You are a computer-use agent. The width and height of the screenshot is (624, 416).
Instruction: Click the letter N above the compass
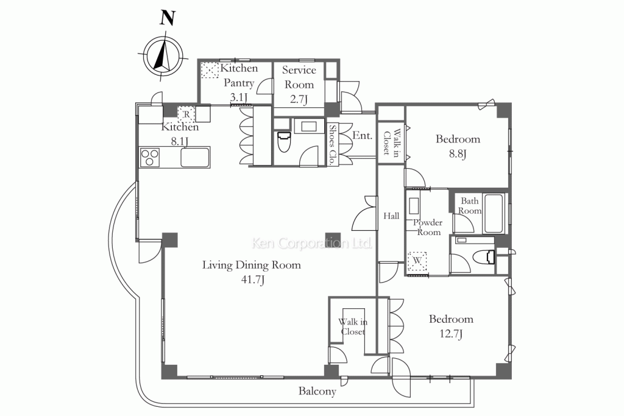point(167,18)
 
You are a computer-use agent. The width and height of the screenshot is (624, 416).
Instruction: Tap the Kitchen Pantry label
point(239,75)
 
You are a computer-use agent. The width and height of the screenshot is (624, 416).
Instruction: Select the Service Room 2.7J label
point(299,84)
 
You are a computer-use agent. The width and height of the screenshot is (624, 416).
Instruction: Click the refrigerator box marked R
point(186,114)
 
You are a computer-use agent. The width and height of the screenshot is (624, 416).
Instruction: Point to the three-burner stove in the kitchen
point(150,157)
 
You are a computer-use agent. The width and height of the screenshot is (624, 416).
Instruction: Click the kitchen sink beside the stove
point(195,158)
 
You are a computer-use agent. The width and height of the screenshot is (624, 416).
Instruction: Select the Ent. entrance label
point(362,136)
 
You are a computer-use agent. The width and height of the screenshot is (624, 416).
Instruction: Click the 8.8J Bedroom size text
point(458,153)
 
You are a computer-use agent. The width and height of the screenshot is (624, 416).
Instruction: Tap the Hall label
point(391,216)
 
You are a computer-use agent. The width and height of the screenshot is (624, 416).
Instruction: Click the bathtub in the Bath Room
point(494,214)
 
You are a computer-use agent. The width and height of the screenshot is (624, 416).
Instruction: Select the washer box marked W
point(417,261)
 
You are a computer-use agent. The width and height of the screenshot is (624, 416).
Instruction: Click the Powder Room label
point(428,227)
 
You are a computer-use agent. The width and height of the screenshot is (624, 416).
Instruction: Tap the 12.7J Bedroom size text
point(452,334)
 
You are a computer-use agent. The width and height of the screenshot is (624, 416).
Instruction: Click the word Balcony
point(317,392)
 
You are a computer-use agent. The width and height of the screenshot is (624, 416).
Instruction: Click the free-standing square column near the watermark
point(333,239)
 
